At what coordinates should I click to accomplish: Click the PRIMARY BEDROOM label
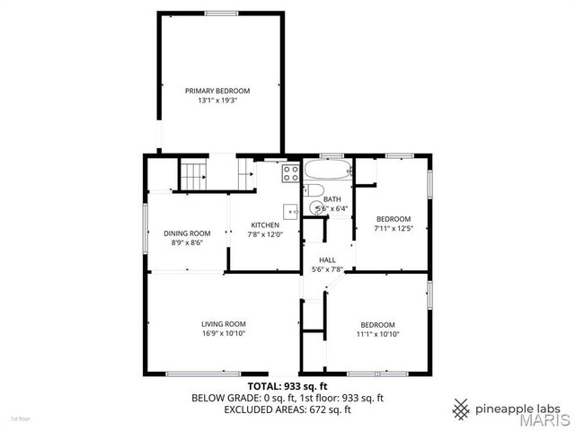217,91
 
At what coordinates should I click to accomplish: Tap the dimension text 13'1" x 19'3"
217,101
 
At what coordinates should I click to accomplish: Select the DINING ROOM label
187,233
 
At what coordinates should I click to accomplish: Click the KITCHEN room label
265,224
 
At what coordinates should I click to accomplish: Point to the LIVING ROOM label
223,324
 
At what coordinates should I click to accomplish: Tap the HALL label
327,259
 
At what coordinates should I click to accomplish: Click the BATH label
332,199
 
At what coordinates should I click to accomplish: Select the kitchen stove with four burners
291,172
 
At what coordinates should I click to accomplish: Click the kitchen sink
290,212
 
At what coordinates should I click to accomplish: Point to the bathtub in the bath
326,170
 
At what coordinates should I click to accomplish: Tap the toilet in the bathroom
314,190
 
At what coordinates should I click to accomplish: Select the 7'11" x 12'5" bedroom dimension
393,229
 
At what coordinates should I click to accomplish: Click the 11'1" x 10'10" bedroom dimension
377,334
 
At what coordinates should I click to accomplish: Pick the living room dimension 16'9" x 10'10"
223,334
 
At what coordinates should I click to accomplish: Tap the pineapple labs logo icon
461,409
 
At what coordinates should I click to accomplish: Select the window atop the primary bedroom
221,13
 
